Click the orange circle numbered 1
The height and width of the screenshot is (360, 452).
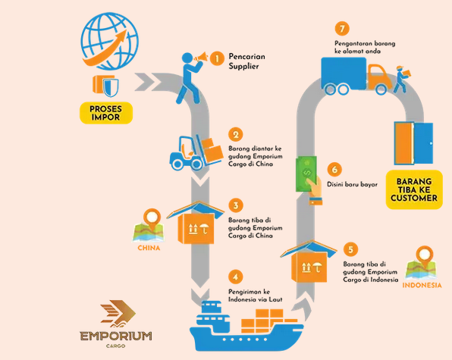[217, 59]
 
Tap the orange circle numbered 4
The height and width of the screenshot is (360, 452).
[236, 277]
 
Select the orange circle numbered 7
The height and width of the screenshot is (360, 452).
[342, 29]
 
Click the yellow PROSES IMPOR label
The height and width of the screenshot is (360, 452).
[105, 113]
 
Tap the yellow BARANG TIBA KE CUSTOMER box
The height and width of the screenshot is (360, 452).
[414, 189]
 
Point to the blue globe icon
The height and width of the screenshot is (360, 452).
[109, 41]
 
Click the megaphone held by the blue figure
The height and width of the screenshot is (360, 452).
[202, 57]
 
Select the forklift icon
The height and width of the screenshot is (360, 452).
[196, 152]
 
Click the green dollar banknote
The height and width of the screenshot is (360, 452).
[306, 174]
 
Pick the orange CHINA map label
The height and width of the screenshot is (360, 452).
[149, 248]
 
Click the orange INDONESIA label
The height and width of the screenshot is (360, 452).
[422, 285]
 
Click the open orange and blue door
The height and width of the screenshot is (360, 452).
[413, 143]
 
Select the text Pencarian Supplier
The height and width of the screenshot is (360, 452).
[246, 61]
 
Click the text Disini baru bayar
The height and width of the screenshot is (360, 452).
[352, 184]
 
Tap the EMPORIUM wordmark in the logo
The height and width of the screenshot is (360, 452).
[116, 336]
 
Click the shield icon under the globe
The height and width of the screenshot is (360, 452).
[111, 86]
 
